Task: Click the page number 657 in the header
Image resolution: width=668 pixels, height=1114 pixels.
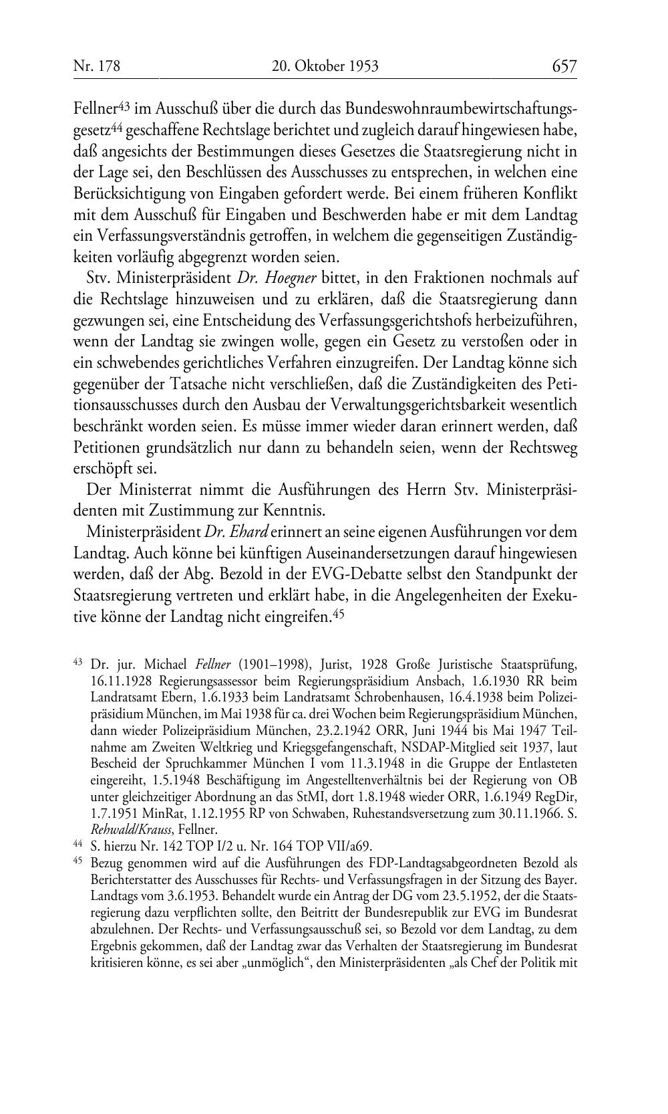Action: [x=564, y=66]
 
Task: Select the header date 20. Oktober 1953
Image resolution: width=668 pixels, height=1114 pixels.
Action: [x=325, y=66]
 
